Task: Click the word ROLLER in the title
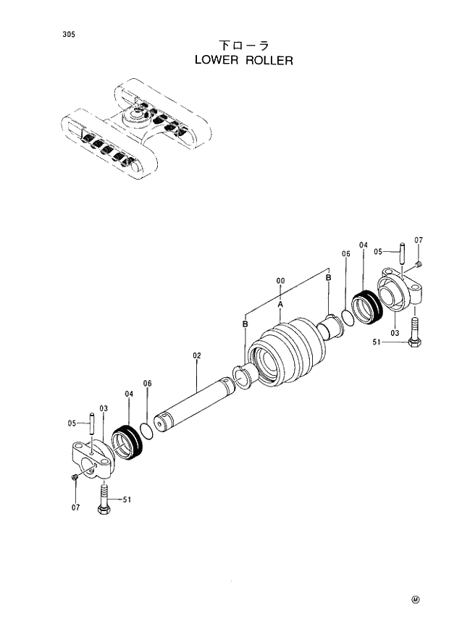269,61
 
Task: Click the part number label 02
196,355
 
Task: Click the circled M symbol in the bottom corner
416,599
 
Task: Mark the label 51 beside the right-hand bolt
377,342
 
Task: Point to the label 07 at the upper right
419,240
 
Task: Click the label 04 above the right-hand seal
363,245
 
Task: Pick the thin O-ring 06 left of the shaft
146,431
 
